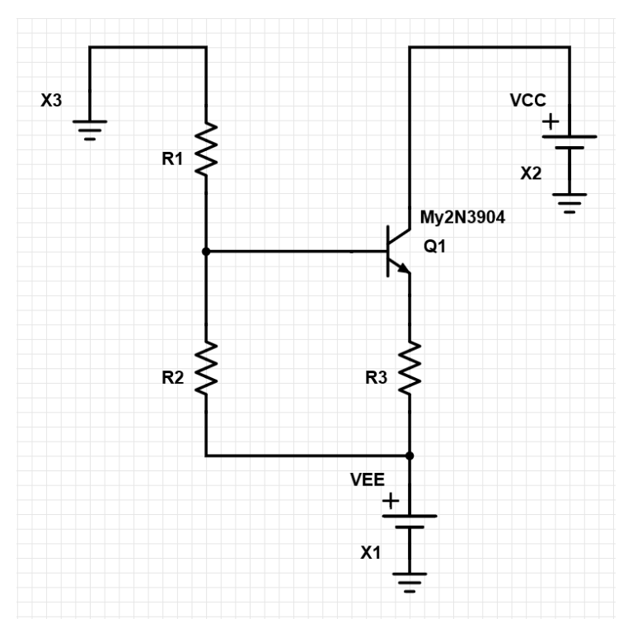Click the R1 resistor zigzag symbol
click(x=205, y=149)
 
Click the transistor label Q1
click(x=434, y=247)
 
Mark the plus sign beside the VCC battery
click(x=550, y=124)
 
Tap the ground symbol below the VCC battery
click(x=569, y=201)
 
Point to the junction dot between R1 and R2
click(x=205, y=250)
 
